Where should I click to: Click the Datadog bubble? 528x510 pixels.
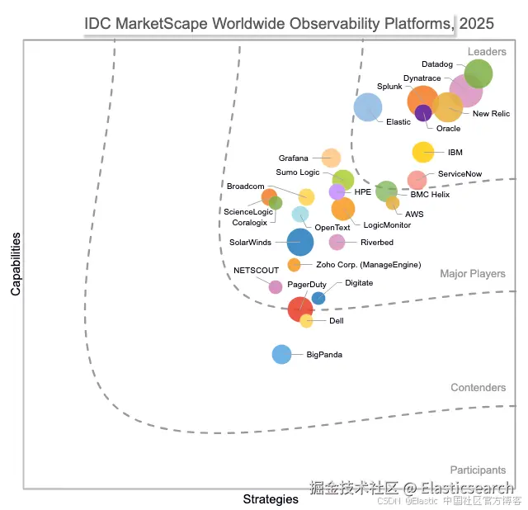click(x=478, y=74)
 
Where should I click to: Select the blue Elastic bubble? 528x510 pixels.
click(x=368, y=107)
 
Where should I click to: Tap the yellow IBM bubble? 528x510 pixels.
click(x=423, y=152)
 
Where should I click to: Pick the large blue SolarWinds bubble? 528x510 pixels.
click(x=300, y=242)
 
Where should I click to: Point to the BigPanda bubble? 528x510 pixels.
click(x=282, y=354)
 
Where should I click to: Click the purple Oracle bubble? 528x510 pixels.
click(x=423, y=113)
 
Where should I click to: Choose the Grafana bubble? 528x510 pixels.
click(x=331, y=158)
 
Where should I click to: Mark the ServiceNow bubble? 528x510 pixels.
click(x=417, y=179)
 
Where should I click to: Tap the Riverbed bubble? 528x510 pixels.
click(x=337, y=242)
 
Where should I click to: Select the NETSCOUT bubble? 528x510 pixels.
click(x=276, y=286)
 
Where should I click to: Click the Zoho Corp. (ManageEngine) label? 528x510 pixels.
click(x=368, y=265)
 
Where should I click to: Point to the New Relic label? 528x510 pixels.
click(x=491, y=114)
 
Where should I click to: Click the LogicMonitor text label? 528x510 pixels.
click(x=386, y=224)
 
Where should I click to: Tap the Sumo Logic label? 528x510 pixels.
click(x=298, y=172)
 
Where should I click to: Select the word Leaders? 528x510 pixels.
click(x=487, y=52)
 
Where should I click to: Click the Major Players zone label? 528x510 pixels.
click(x=473, y=274)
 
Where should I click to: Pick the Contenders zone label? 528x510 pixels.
click(x=478, y=388)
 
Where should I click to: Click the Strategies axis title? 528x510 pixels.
click(x=271, y=499)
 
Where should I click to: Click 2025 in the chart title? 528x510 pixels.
click(x=477, y=23)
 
